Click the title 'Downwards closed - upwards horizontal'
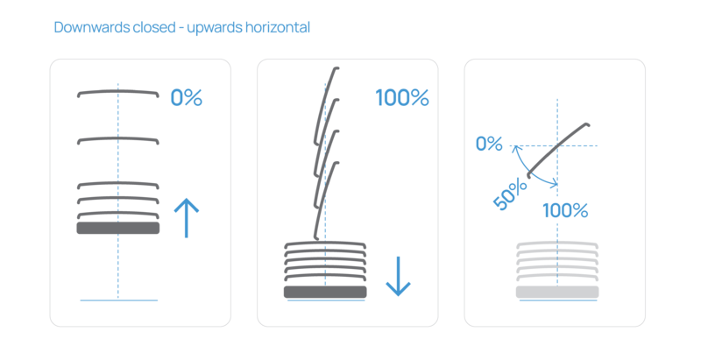pyautogui.click(x=182, y=28)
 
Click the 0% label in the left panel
pyautogui.click(x=186, y=97)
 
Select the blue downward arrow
pyautogui.click(x=398, y=276)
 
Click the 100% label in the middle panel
pyautogui.click(x=402, y=97)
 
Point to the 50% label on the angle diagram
pyautogui.click(x=510, y=194)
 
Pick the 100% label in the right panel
pyautogui.click(x=565, y=210)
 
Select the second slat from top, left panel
pyautogui.click(x=118, y=138)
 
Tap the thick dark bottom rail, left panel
pyautogui.click(x=118, y=228)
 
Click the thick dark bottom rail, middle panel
pyautogui.click(x=324, y=292)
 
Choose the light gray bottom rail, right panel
pyautogui.click(x=556, y=293)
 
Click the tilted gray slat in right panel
pyautogui.click(x=557, y=151)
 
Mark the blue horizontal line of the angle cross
pyautogui.click(x=578, y=145)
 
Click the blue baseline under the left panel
pyautogui.click(x=118, y=300)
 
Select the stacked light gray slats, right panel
pyautogui.click(x=556, y=263)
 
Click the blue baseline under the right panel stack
pyautogui.click(x=556, y=301)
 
